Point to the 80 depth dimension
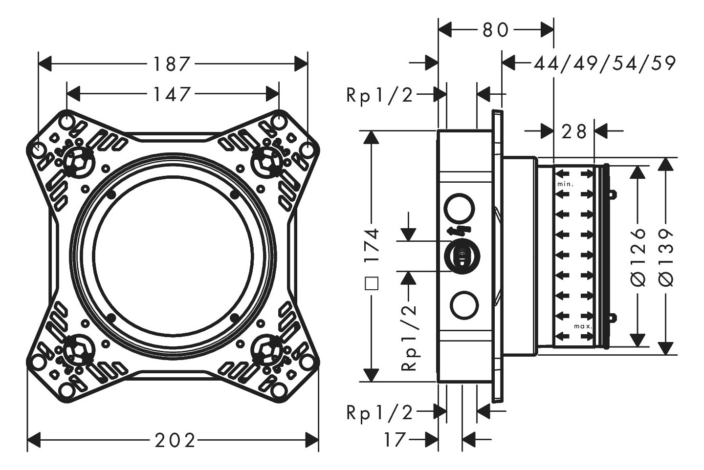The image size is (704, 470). click(496, 30)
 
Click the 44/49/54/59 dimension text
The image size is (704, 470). click(605, 64)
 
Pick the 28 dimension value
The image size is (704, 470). click(574, 131)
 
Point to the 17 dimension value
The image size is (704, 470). click(395, 440)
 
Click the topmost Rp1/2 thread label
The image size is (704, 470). click(379, 95)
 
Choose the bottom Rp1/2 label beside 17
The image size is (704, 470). click(379, 413)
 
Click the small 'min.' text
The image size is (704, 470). click(565, 185)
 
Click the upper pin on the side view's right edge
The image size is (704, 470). click(612, 194)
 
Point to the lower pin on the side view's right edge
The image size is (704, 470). click(612, 318)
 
